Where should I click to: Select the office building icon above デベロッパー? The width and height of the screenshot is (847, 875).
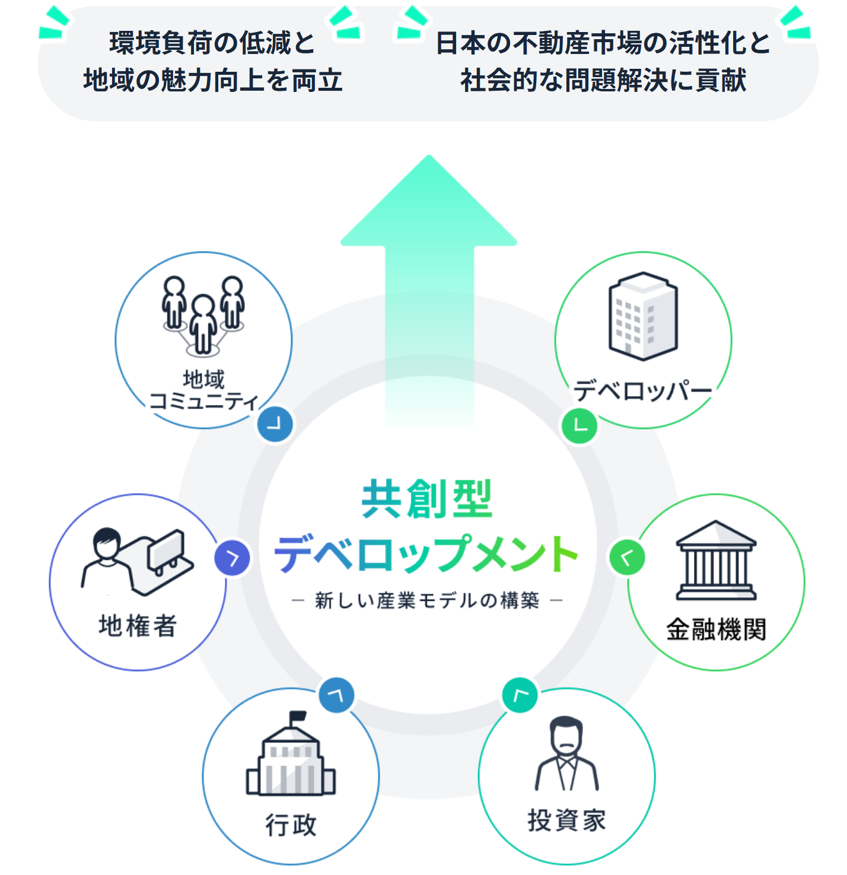pyautogui.click(x=643, y=316)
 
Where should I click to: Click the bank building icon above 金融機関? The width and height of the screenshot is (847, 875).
pyautogui.click(x=716, y=561)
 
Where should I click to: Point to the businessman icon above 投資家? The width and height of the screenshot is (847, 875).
pyautogui.click(x=566, y=753)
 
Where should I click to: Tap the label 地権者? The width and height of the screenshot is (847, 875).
pyautogui.click(x=138, y=626)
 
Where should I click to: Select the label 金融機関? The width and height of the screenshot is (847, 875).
pyautogui.click(x=716, y=629)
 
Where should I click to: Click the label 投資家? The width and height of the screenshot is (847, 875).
pyautogui.click(x=566, y=820)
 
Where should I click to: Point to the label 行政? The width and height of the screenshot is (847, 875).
pyautogui.click(x=291, y=825)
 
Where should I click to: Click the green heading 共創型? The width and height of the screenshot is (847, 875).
pyautogui.click(x=427, y=499)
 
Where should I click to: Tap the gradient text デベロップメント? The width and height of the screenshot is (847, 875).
pyautogui.click(x=427, y=554)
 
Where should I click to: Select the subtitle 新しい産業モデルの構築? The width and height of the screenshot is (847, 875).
pyautogui.click(x=427, y=600)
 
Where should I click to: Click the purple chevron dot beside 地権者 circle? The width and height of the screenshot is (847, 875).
pyautogui.click(x=232, y=558)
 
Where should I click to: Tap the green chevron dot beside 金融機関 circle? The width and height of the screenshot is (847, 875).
pyautogui.click(x=627, y=557)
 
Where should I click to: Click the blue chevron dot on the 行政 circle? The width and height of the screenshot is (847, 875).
pyautogui.click(x=336, y=695)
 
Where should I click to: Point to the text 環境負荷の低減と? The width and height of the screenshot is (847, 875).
pyautogui.click(x=212, y=43)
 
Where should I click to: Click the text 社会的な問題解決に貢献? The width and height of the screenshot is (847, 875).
pyautogui.click(x=603, y=81)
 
